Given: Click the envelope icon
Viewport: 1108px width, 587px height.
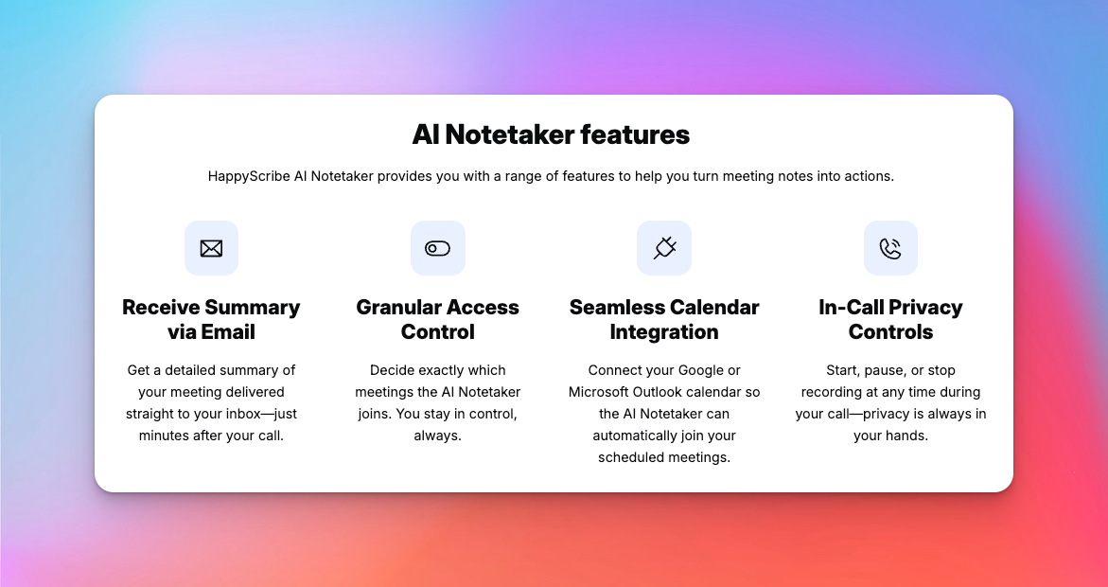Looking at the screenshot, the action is coord(211,248).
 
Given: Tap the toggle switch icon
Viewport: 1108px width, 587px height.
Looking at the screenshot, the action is coord(437,248).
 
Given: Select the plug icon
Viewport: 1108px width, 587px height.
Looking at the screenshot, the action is coord(664,248).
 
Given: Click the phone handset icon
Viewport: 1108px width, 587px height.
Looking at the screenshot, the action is coord(890,248).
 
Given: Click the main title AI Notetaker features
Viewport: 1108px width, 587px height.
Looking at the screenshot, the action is coord(551,134).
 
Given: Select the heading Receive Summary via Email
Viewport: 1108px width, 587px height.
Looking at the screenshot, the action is coord(211,319).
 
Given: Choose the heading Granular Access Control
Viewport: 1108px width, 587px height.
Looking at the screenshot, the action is coord(437,319).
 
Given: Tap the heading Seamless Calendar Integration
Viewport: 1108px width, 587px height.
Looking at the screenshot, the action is coord(664,319).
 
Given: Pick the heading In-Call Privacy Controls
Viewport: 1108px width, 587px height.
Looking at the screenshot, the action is coord(890,319).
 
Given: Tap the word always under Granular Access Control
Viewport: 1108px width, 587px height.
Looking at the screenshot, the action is coord(437,436).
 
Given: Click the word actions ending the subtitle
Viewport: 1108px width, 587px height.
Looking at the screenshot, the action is coord(869,176).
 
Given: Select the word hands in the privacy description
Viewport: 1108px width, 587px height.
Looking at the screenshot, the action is coord(906,436).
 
